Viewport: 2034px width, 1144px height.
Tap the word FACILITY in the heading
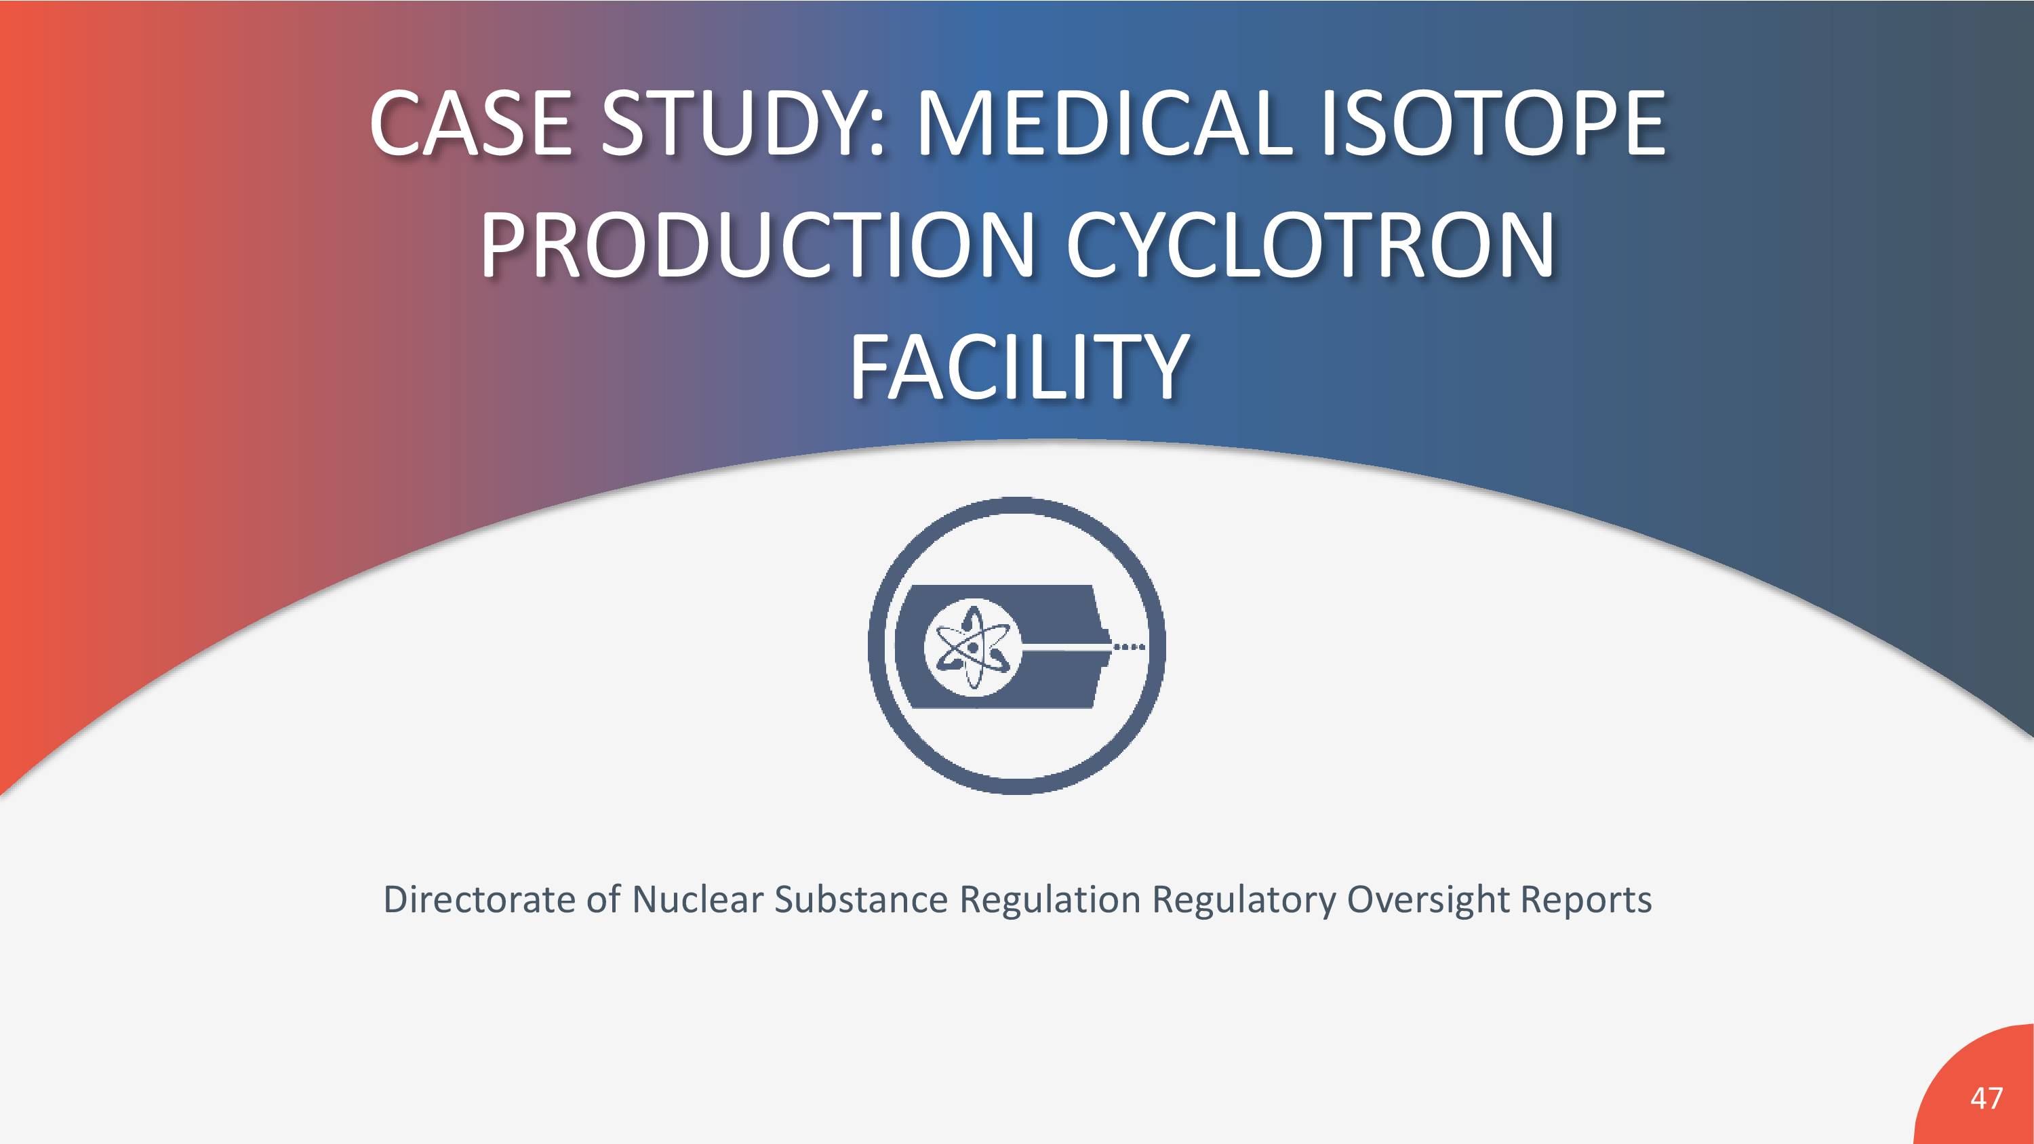(x=1018, y=367)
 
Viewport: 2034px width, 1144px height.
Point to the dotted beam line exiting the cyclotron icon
(x=1128, y=647)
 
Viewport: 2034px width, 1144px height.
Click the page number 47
(x=1987, y=1098)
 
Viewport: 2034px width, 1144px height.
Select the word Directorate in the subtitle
(x=479, y=899)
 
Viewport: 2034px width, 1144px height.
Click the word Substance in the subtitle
(x=860, y=899)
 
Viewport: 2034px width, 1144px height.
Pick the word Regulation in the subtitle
(x=1050, y=901)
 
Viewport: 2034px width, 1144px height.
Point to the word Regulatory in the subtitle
(x=1243, y=901)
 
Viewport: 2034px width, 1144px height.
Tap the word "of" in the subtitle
(x=603, y=899)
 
